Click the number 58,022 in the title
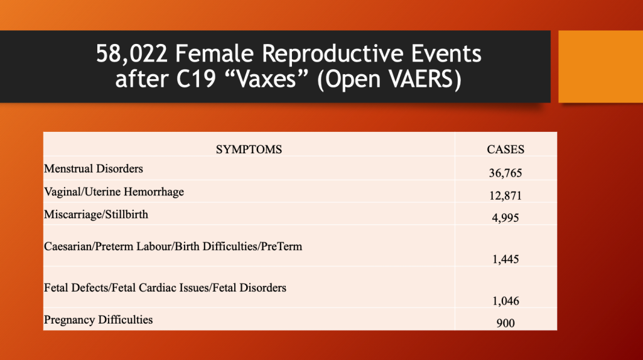pyautogui.click(x=132, y=54)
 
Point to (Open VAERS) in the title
pyautogui.click(x=389, y=79)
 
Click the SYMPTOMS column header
pyautogui.click(x=249, y=150)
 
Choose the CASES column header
pyautogui.click(x=505, y=150)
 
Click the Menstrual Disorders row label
pyautogui.click(x=94, y=169)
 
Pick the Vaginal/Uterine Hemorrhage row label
pyautogui.click(x=114, y=192)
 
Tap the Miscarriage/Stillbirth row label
pyautogui.click(x=96, y=215)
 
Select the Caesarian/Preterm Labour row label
pyautogui.click(x=173, y=246)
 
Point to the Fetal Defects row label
pyautogui.click(x=165, y=288)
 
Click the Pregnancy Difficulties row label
pyautogui.click(x=99, y=320)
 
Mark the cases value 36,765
pyautogui.click(x=505, y=173)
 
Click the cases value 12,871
pyautogui.click(x=505, y=196)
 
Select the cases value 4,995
pyautogui.click(x=505, y=218)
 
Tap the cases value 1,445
pyautogui.click(x=505, y=259)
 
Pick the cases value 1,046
pyautogui.click(x=505, y=302)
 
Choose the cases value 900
pyautogui.click(x=505, y=324)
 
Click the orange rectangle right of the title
pyautogui.click(x=601, y=67)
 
